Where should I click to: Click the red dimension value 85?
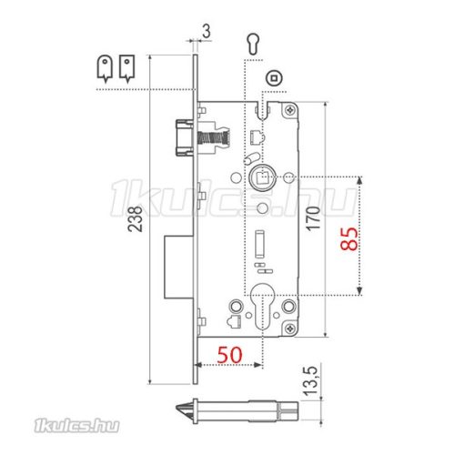tap(349, 238)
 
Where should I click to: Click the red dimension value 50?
tap(230, 354)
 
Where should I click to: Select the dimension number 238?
tap(135, 219)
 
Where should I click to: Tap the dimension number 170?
tap(313, 218)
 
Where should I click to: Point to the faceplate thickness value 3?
tap(207, 31)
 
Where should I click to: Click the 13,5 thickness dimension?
tap(310, 381)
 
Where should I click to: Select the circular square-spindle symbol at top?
tap(275, 78)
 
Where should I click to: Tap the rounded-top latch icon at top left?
tap(105, 69)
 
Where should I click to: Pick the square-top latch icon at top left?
tap(126, 69)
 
